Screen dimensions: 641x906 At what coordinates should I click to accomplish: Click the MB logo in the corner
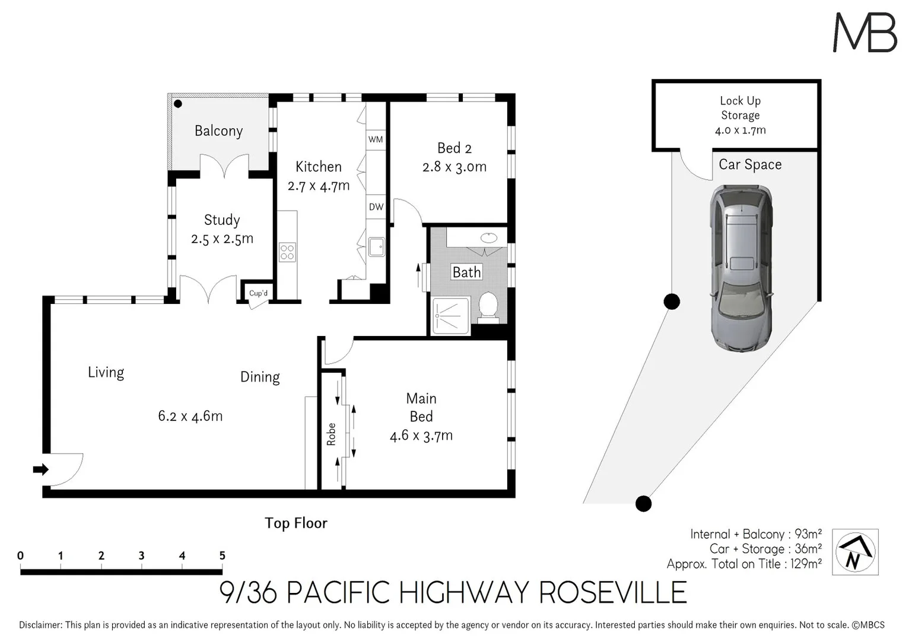(x=864, y=32)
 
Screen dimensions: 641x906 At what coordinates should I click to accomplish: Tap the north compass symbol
(x=855, y=552)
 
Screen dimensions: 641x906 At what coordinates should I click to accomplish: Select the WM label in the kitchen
(x=376, y=139)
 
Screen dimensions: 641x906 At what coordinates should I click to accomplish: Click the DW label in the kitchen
(x=376, y=207)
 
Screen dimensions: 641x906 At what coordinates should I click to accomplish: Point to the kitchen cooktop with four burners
(x=287, y=252)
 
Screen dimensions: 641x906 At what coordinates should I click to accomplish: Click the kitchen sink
(x=376, y=246)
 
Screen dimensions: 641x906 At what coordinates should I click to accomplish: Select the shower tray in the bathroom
(x=451, y=316)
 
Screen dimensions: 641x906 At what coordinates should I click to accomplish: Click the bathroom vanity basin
(x=488, y=238)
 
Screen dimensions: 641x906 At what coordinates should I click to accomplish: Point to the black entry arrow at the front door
(x=40, y=469)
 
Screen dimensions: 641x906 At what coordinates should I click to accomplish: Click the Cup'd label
(x=258, y=293)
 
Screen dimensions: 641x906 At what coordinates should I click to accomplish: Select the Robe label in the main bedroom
(x=331, y=434)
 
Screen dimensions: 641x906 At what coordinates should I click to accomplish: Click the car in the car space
(x=742, y=268)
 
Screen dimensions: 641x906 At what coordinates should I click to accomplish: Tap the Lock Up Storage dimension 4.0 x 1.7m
(x=740, y=130)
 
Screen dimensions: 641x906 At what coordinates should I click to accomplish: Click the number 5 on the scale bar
(x=222, y=556)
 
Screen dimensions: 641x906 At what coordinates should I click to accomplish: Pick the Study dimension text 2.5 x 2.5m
(x=222, y=239)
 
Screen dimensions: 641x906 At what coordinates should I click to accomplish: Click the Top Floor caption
(x=295, y=523)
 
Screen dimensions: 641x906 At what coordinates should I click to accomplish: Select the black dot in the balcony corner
(x=177, y=103)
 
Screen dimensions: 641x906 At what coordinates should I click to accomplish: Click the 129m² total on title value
(x=806, y=564)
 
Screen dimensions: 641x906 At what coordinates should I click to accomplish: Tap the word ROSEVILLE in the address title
(x=612, y=592)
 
